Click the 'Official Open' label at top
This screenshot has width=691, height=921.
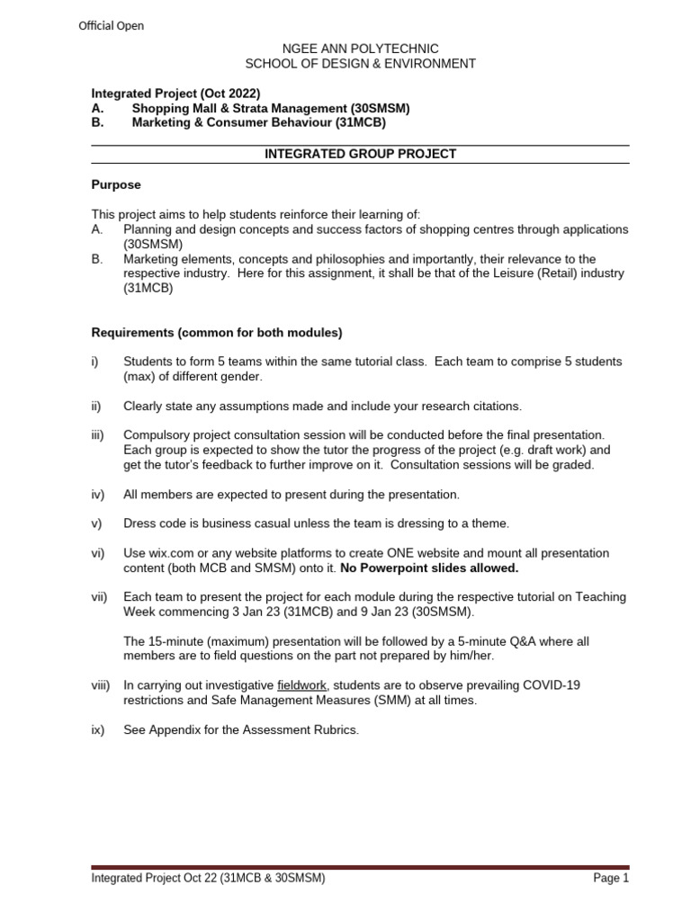click(111, 26)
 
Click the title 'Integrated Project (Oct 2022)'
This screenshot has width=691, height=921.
click(175, 94)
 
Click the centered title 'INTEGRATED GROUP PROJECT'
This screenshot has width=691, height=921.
click(361, 154)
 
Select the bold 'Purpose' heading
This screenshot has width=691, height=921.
click(116, 184)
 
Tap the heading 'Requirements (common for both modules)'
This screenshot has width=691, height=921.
click(217, 332)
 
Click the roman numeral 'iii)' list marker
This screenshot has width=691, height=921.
click(99, 434)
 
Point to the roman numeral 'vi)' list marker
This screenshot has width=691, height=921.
click(98, 553)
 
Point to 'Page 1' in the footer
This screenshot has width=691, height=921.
click(611, 879)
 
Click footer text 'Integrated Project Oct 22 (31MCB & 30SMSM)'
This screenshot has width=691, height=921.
click(209, 879)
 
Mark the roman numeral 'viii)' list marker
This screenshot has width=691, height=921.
click(100, 685)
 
